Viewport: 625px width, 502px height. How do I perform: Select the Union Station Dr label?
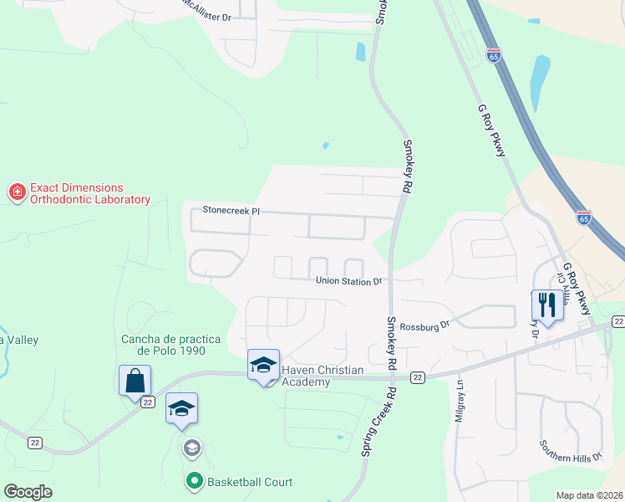coord(348,282)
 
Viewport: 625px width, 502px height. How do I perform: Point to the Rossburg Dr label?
coord(424,326)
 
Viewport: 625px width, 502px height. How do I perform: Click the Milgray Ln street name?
coord(460,402)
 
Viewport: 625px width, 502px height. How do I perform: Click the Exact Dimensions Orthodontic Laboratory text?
coord(89,194)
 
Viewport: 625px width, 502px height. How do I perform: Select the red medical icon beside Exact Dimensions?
coord(16,193)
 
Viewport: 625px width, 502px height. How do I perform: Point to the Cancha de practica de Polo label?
coord(170,344)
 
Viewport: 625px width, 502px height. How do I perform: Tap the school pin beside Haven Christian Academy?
coord(263,365)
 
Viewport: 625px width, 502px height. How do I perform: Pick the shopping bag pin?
coord(135,381)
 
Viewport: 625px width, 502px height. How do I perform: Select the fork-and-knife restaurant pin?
coord(547,305)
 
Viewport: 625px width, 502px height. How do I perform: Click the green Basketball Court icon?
coord(194,481)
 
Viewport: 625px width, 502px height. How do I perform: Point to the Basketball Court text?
coord(250,482)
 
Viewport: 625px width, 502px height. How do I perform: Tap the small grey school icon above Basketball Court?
coord(192,448)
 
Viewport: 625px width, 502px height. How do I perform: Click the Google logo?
coord(28,492)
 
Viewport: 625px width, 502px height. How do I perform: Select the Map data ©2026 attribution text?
coord(590,495)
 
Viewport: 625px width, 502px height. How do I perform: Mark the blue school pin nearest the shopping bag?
coord(181,408)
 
